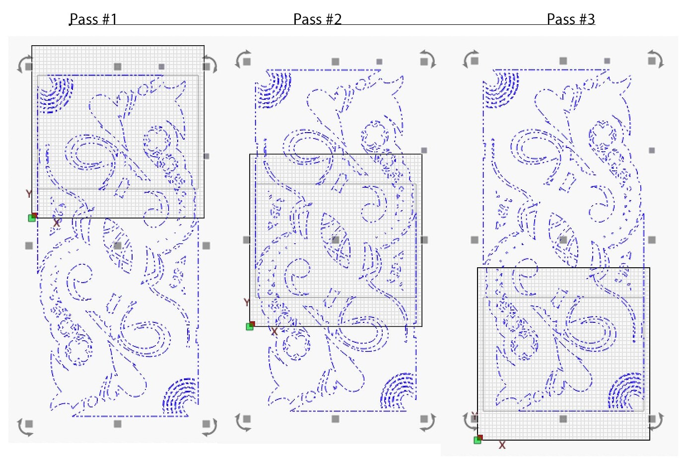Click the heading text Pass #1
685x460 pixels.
click(x=93, y=19)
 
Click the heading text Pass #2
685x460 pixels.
click(x=317, y=19)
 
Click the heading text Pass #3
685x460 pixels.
click(x=570, y=19)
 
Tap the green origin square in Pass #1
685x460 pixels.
click(x=32, y=218)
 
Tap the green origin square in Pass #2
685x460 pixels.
click(x=250, y=326)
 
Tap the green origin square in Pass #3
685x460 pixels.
click(x=478, y=440)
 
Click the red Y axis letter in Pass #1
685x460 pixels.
click(x=29, y=194)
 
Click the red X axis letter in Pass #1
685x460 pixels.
click(x=57, y=224)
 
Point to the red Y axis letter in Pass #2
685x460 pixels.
click(x=247, y=303)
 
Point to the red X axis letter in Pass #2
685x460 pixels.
click(x=274, y=331)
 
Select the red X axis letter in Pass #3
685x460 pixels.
click(x=502, y=445)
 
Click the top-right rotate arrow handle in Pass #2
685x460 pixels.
click(x=427, y=59)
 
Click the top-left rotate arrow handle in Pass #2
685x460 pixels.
click(x=243, y=59)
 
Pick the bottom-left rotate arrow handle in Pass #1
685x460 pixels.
click(x=25, y=426)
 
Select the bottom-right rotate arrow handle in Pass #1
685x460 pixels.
click(x=209, y=426)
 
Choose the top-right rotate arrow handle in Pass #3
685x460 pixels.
click(x=655, y=59)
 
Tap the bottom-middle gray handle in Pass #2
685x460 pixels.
click(x=336, y=419)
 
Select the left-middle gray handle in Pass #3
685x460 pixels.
click(x=475, y=240)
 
